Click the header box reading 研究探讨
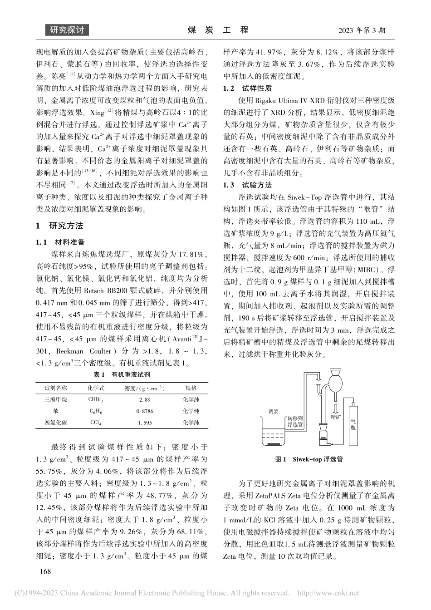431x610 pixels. (x=67, y=30)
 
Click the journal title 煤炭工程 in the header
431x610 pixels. (x=217, y=30)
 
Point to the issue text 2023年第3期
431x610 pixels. (x=361, y=31)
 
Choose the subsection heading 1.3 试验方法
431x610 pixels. (x=248, y=185)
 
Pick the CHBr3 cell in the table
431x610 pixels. (x=96, y=400)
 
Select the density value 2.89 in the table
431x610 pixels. (x=145, y=400)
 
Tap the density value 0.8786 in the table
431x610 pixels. (x=145, y=411)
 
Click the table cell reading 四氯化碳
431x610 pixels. (x=55, y=423)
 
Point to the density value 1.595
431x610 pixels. (x=145, y=423)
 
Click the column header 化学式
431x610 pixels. (x=96, y=388)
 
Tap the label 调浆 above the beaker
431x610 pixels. (x=273, y=412)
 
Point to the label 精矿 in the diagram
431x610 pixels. (x=336, y=415)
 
